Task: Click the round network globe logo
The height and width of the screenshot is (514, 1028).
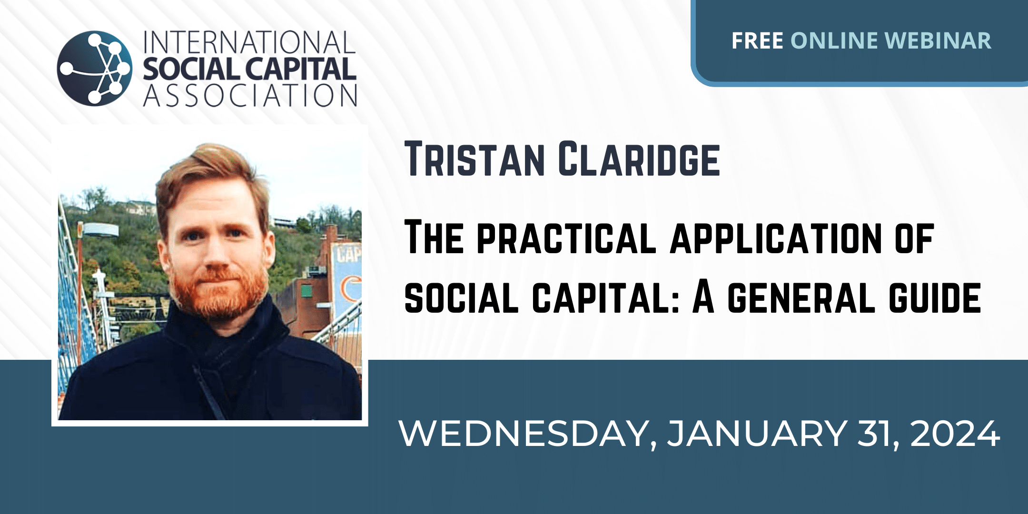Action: [x=94, y=68]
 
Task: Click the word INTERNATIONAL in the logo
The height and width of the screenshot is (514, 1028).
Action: [x=249, y=43]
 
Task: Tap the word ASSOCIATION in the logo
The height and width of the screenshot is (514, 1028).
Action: [x=250, y=95]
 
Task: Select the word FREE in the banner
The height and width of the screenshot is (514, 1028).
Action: [x=757, y=40]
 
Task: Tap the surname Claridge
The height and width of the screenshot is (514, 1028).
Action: [x=639, y=158]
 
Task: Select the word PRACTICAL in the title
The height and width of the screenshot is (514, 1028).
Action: [x=566, y=238]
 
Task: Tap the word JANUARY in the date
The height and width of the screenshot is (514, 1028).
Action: [x=757, y=434]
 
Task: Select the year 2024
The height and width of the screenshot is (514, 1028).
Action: [x=955, y=434]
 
